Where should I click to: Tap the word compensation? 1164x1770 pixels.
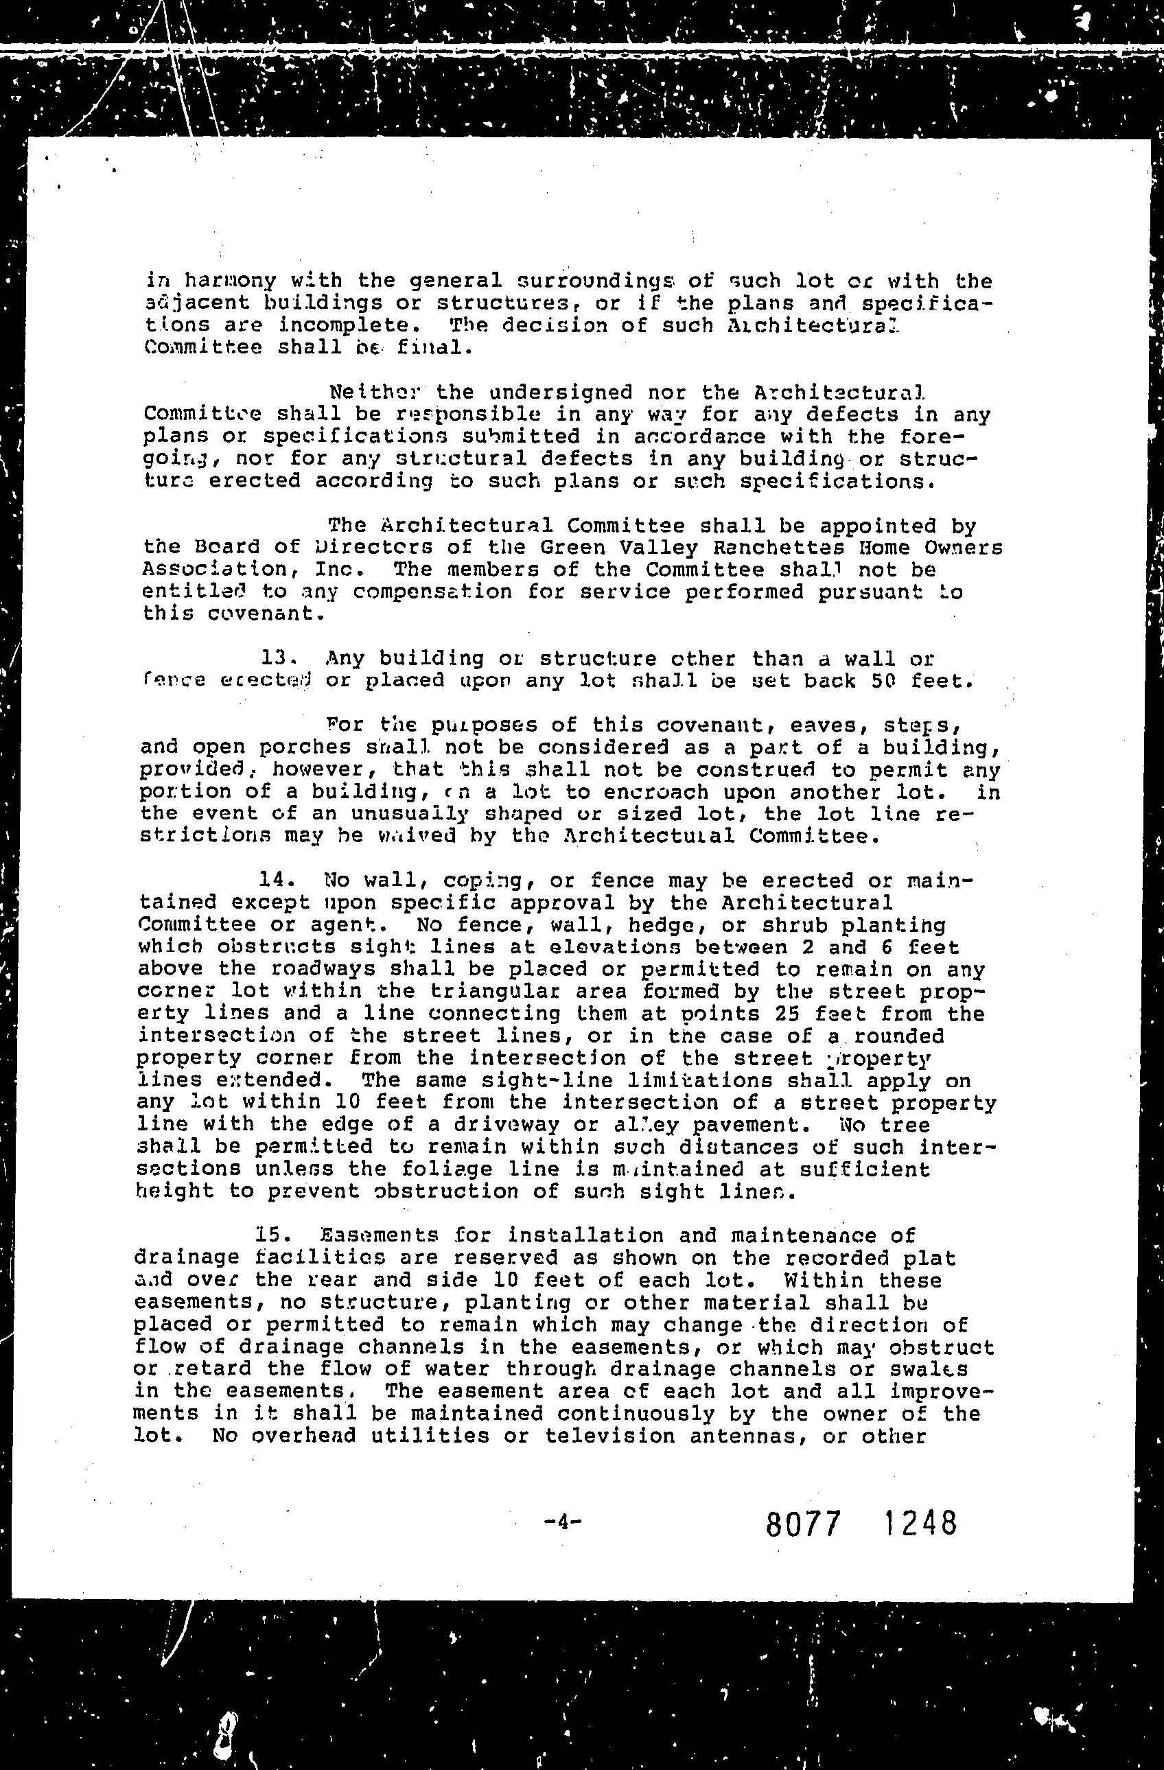point(432,592)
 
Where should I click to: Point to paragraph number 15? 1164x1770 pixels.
point(275,1235)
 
